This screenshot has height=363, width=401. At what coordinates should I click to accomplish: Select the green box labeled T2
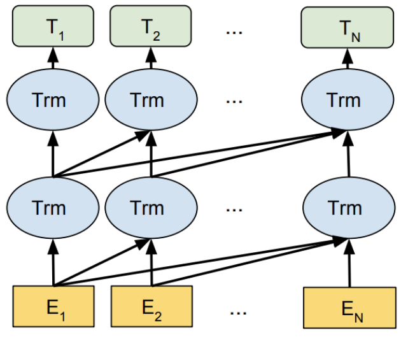151,26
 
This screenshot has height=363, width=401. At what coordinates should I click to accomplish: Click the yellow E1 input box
53,306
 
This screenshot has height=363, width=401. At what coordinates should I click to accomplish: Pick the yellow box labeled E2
151,306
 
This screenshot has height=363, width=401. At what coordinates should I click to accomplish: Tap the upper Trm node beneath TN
344,100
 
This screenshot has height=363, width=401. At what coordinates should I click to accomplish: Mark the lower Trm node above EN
344,208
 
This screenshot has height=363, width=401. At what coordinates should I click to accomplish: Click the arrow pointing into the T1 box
53,61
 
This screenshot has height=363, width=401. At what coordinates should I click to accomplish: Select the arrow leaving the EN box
348,264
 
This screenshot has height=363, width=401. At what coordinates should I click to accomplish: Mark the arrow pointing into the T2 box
151,61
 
